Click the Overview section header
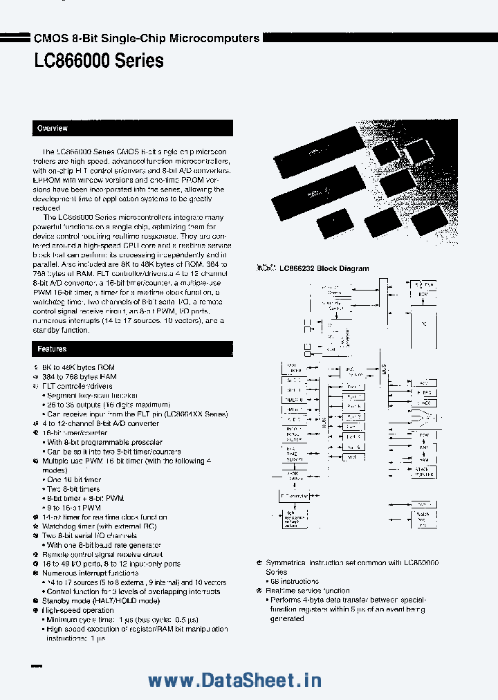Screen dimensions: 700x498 pyautogui.click(x=53, y=129)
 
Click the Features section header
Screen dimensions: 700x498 pyautogui.click(x=53, y=349)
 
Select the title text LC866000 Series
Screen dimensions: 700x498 pyautogui.click(x=99, y=62)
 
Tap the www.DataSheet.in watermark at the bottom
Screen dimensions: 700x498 pyautogui.click(x=235, y=681)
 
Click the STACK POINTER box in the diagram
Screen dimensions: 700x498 pyautogui.click(x=425, y=472)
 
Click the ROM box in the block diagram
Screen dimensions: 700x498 pyautogui.click(x=424, y=294)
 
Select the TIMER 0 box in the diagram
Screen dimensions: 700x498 pyautogui.click(x=293, y=400)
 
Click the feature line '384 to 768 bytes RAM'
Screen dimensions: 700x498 pyautogui.click(x=79, y=377)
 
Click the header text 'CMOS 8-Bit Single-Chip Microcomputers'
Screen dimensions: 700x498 pyautogui.click(x=147, y=39)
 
